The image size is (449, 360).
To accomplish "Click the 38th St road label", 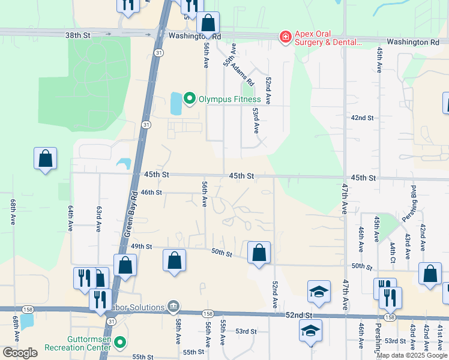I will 77,35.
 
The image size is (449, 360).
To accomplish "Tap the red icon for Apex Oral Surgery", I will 285,38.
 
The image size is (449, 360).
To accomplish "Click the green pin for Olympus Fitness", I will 190,98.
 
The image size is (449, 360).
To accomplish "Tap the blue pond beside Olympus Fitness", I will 175,104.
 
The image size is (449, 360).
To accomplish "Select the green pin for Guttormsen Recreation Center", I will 120,343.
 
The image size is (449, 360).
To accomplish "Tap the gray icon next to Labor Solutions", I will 173,307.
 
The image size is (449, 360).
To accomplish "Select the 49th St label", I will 142,247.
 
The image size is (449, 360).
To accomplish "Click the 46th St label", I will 151,192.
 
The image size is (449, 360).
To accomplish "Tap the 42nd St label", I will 363,118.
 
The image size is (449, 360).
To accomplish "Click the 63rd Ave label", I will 98,218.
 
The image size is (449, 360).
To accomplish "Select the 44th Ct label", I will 392,253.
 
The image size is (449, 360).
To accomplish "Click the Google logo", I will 20,353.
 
